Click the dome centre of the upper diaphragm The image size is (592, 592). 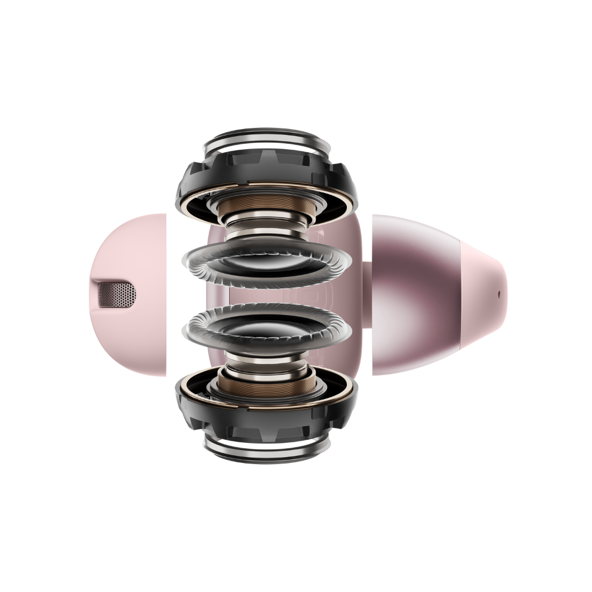[x=264, y=263]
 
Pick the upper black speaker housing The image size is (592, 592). [x=195, y=178]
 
